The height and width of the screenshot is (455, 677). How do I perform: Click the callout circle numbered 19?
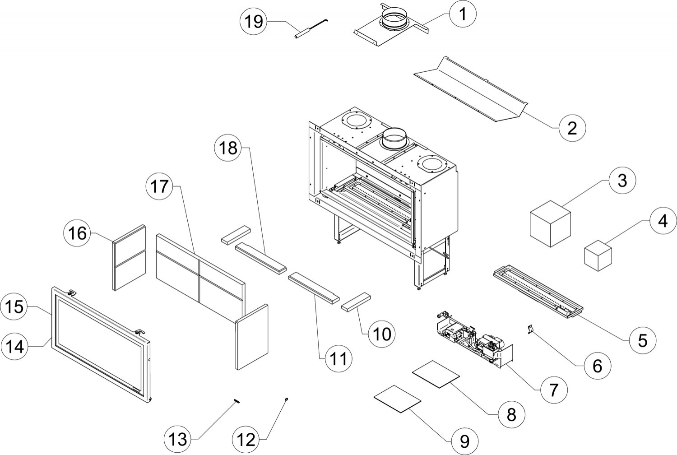click(x=254, y=21)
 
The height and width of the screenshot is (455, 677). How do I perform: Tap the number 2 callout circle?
click(x=572, y=128)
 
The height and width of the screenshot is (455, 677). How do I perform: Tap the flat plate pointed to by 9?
click(x=397, y=398)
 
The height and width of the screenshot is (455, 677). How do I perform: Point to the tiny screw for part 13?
click(x=236, y=401)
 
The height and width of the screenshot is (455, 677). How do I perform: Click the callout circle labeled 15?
click(x=14, y=307)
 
